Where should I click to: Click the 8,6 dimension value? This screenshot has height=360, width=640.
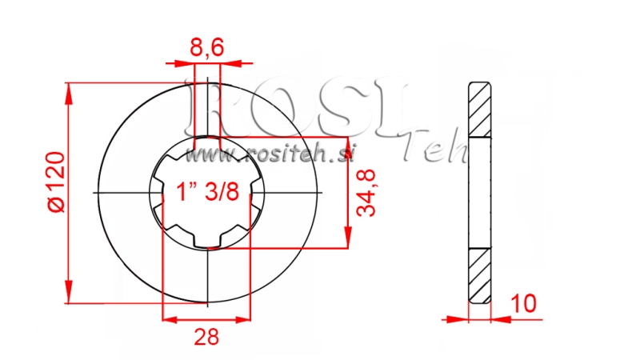pos(206,49)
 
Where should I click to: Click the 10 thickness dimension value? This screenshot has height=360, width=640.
pos(525,304)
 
